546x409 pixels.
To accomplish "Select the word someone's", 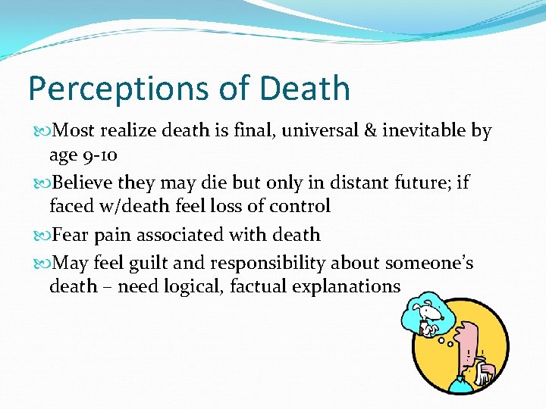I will coord(429,263).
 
